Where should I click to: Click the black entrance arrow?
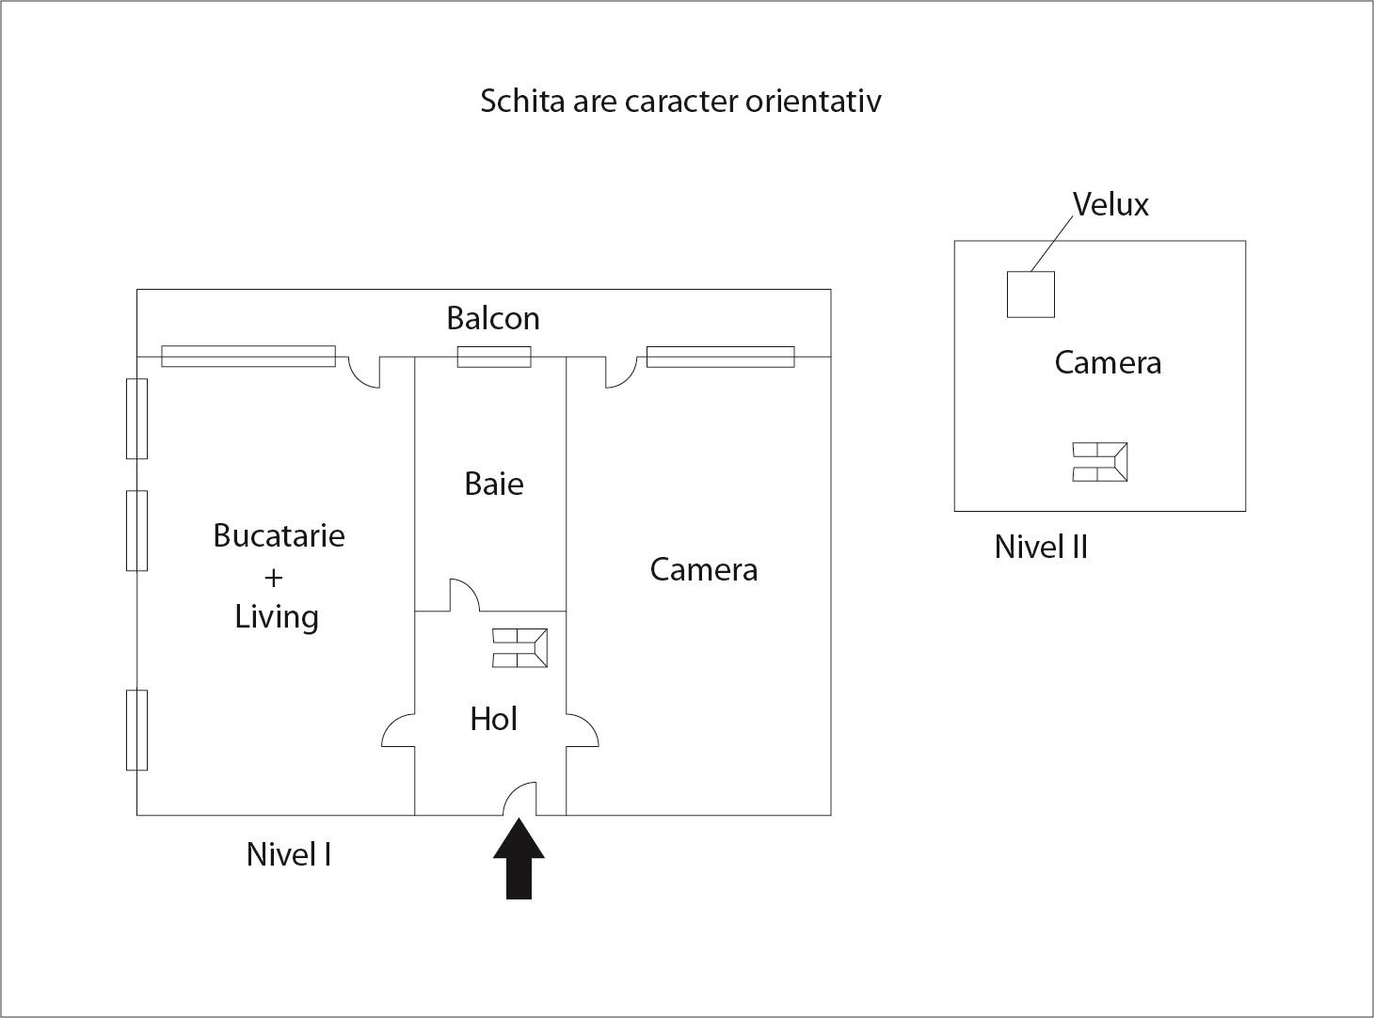coord(519,858)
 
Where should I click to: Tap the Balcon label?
coord(493,318)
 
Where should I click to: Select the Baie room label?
coord(494,484)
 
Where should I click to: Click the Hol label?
coord(494,719)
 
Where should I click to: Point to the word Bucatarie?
coord(279,536)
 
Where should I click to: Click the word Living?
coord(277,617)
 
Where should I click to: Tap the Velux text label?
coord(1110,204)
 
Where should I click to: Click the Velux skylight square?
coord(1030,294)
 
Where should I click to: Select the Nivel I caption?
coord(289,854)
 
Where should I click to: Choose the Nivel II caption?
coord(1041,548)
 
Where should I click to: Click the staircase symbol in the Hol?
coord(519,648)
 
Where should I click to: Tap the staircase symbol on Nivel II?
coord(1100,462)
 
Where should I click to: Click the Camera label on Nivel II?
coord(1108,362)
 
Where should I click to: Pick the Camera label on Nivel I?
coord(704,569)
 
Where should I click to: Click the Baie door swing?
coord(465,595)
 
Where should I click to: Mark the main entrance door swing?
coord(519,798)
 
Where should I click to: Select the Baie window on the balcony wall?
coord(494,357)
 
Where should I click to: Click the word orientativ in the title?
coord(813,101)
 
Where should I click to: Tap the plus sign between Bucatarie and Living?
coord(273,578)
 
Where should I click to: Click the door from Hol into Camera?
coord(583,730)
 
